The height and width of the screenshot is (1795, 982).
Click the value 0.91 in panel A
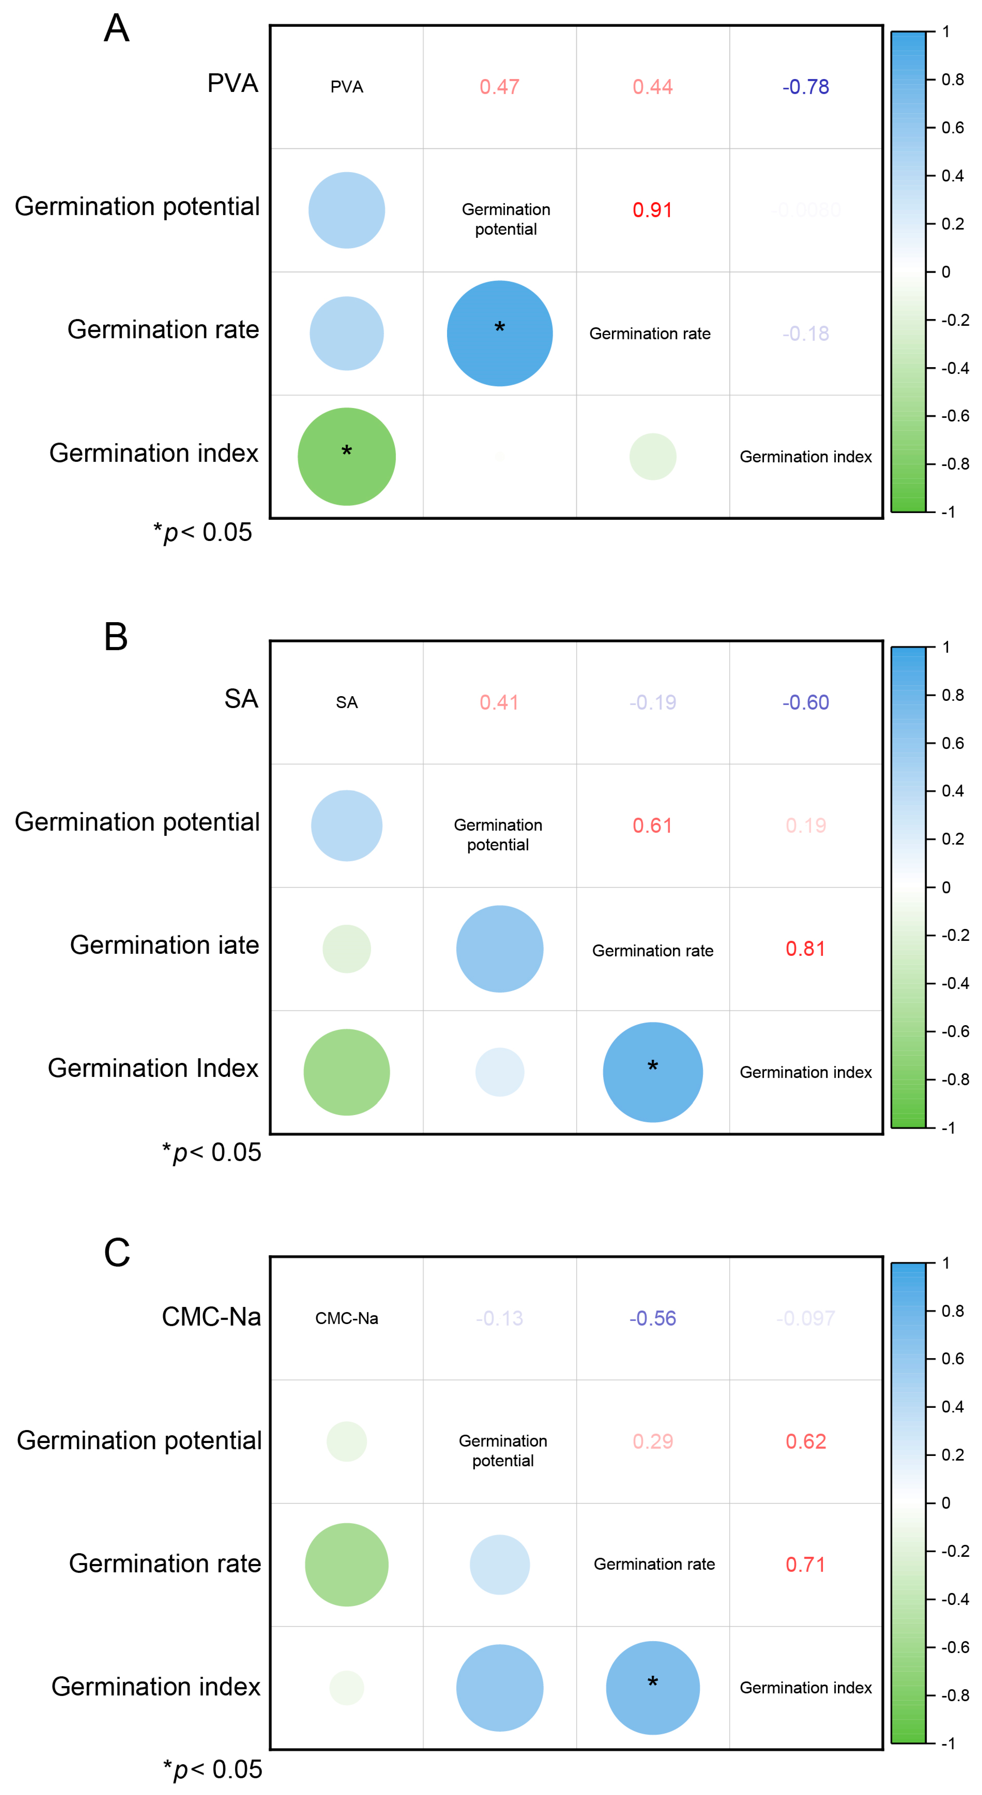click(x=653, y=210)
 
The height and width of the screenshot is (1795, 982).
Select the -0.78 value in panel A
click(x=806, y=87)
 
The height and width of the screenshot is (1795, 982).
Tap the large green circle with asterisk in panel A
click(x=346, y=457)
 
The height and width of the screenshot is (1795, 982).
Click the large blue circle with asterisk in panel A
click(x=500, y=333)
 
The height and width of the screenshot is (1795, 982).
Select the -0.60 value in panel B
click(x=806, y=702)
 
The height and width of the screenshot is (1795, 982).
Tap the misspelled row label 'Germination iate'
click(x=165, y=945)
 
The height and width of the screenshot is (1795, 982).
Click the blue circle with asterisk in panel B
click(x=653, y=1072)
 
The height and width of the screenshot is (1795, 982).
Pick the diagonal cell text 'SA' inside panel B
click(x=346, y=702)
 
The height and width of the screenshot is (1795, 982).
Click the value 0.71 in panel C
click(x=806, y=1564)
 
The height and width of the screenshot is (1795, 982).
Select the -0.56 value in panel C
click(x=653, y=1318)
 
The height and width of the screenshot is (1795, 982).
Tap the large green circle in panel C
click(x=346, y=1564)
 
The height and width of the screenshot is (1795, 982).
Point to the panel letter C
click(x=116, y=1253)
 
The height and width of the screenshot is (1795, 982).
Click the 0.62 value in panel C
click(x=806, y=1441)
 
